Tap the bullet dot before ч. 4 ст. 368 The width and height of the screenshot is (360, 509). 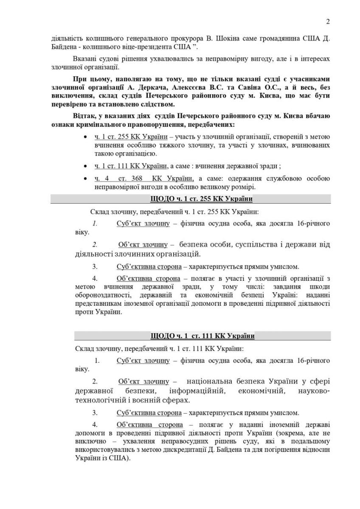click(x=86, y=178)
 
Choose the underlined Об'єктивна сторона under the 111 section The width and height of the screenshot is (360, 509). click(x=149, y=425)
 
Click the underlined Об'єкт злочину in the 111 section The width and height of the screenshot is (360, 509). click(x=143, y=381)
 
